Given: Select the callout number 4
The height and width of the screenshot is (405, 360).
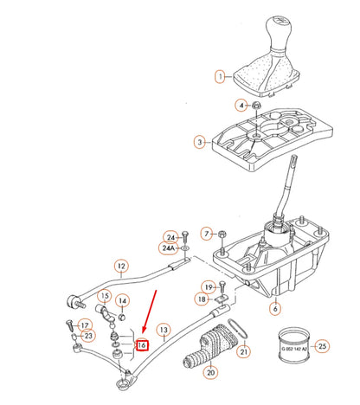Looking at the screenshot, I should tap(241, 105).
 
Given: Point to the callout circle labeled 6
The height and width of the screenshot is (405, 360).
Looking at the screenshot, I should tap(275, 307).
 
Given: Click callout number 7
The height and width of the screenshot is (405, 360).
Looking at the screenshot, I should tap(207, 234).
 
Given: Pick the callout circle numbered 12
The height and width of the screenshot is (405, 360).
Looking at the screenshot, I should tap(121, 267).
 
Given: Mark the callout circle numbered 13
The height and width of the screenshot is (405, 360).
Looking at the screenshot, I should tap(164, 329).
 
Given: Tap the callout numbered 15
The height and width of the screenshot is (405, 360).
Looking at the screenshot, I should tap(105, 296).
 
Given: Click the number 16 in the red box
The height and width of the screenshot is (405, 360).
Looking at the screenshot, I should tap(144, 344).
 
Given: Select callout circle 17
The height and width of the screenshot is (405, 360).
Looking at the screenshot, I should tap(86, 325).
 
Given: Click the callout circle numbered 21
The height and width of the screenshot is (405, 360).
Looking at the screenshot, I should tap(243, 351).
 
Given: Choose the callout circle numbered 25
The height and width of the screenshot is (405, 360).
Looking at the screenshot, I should tap(322, 347).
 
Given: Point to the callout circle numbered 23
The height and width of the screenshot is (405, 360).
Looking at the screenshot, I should tap(88, 336).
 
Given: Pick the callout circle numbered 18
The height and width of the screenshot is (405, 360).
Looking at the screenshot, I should tap(202, 299).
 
